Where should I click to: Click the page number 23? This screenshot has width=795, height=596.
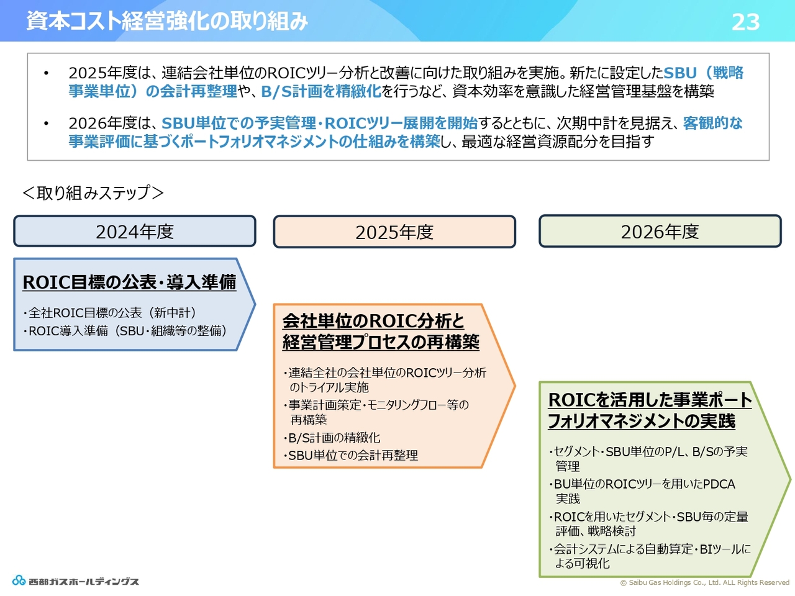point(745,22)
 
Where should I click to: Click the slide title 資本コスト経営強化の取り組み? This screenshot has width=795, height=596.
point(167,21)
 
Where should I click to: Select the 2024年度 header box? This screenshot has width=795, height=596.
point(135,231)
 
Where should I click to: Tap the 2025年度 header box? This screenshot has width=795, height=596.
point(394,232)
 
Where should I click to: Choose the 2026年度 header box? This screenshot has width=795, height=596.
point(660,231)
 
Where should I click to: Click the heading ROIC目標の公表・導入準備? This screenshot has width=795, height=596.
point(129,282)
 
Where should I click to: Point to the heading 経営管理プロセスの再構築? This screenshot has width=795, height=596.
point(381,342)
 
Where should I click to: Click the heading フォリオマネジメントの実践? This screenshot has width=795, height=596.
point(642,421)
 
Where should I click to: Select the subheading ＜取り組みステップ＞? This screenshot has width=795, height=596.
point(93,192)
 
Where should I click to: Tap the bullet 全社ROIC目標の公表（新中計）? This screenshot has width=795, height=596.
point(109,313)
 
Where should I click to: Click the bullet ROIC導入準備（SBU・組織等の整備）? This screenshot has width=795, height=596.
point(125,331)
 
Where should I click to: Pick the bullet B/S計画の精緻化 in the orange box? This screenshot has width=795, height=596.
point(332,438)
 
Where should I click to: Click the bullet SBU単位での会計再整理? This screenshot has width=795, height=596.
point(350,455)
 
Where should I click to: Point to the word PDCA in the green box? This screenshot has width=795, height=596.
point(719,484)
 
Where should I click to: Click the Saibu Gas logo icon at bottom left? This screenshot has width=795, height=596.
point(19,580)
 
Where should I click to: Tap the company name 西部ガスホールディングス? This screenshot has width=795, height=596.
point(84,582)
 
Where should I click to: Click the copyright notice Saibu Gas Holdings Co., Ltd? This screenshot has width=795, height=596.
point(705,582)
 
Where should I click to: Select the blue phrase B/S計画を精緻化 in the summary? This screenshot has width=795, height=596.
point(321,91)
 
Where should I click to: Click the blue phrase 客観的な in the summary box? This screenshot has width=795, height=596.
point(713,123)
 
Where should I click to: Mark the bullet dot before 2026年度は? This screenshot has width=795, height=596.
point(46,124)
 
